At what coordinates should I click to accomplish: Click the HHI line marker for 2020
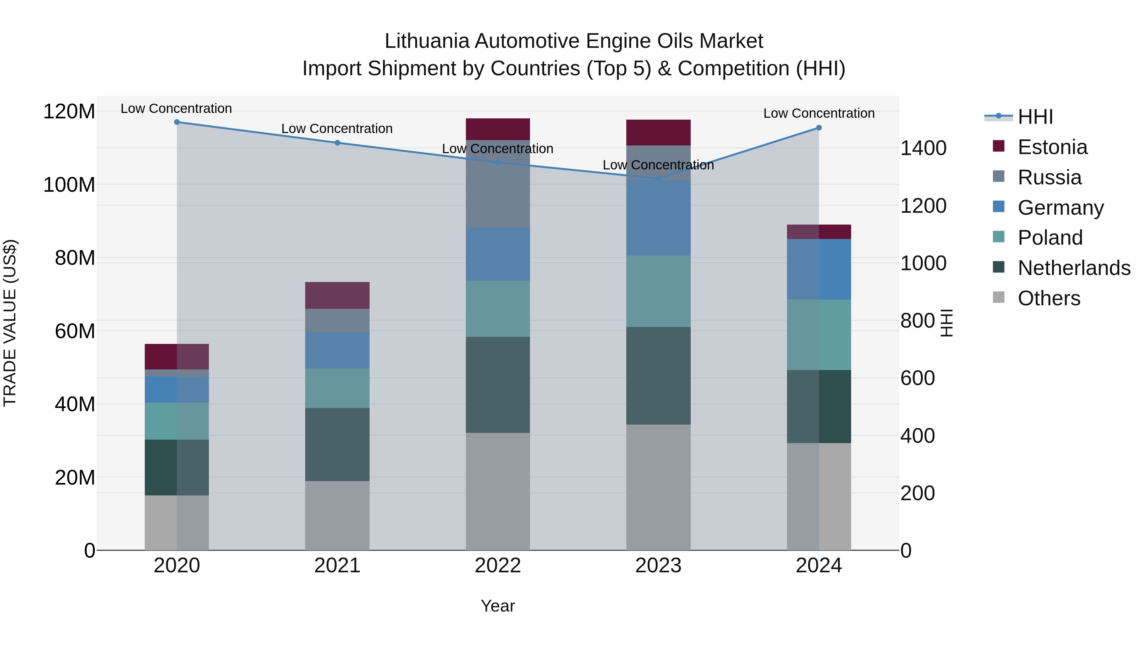point(177,122)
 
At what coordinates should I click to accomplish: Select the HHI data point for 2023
point(658,178)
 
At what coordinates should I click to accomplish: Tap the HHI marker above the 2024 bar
point(819,128)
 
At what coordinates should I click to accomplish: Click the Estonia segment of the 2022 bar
point(498,129)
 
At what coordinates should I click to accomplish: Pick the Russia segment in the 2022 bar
point(498,184)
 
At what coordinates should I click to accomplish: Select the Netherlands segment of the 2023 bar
point(658,375)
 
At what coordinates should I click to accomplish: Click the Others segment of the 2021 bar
point(337,516)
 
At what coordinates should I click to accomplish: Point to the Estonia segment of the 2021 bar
point(337,295)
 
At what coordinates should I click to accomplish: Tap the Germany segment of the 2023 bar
point(658,218)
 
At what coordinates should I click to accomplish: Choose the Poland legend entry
point(1049,238)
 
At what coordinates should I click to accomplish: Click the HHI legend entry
point(1035,117)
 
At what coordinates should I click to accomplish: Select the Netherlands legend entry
point(1073,268)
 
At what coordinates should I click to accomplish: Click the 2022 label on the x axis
point(498,566)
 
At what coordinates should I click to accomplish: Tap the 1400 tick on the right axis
point(923,148)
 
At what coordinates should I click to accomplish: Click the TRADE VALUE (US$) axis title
point(10,323)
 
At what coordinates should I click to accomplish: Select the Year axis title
point(498,606)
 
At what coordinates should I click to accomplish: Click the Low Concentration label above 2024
point(819,113)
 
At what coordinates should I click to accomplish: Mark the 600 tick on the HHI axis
point(917,378)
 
